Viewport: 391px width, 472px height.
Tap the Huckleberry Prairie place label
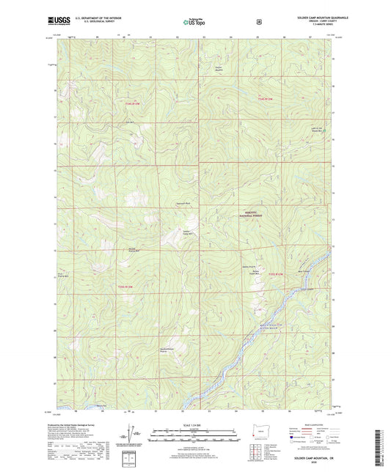click(167, 350)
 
